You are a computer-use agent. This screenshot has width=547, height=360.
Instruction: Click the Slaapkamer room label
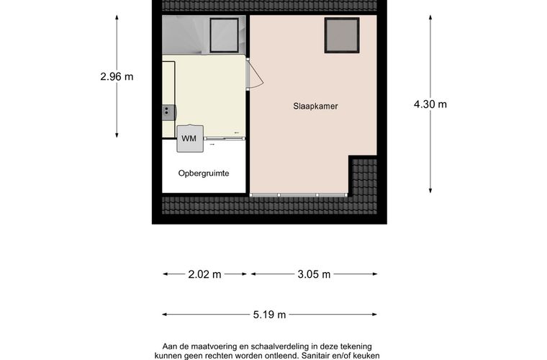click(x=315, y=106)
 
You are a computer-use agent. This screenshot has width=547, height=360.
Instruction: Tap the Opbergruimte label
click(x=204, y=173)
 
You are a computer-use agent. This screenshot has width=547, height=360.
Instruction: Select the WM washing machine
click(x=189, y=138)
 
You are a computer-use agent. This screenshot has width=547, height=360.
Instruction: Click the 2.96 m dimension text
click(x=117, y=76)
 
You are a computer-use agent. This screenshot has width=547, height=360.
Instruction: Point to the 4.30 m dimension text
click(x=430, y=104)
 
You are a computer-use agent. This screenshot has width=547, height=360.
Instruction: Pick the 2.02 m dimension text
click(x=205, y=274)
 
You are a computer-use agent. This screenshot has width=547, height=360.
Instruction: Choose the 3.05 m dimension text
click(x=313, y=274)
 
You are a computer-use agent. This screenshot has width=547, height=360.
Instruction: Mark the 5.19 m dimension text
click(x=269, y=314)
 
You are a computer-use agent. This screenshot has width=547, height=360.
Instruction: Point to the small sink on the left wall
click(x=168, y=111)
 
